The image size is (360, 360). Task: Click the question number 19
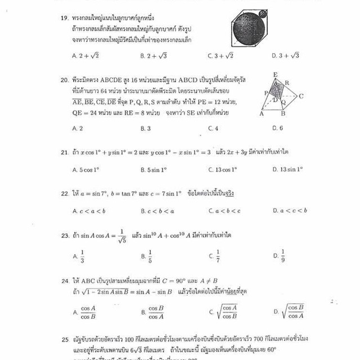coord(65,18)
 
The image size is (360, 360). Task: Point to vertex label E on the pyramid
coord(275,74)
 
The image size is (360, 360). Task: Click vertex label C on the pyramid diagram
coord(301,96)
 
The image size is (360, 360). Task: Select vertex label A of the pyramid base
coord(261,114)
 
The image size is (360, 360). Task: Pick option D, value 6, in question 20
coord(277,128)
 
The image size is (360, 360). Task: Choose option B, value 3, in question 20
coord(145,128)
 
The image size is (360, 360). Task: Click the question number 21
coord(64,152)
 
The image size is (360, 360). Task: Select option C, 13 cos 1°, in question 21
coord(222,169)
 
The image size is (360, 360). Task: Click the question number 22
coord(65,193)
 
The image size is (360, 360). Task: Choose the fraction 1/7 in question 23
coord(218,255)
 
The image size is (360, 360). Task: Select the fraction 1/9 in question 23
coord(283,255)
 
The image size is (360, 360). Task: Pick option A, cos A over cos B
coord(88,312)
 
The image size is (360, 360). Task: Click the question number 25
coord(65,340)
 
